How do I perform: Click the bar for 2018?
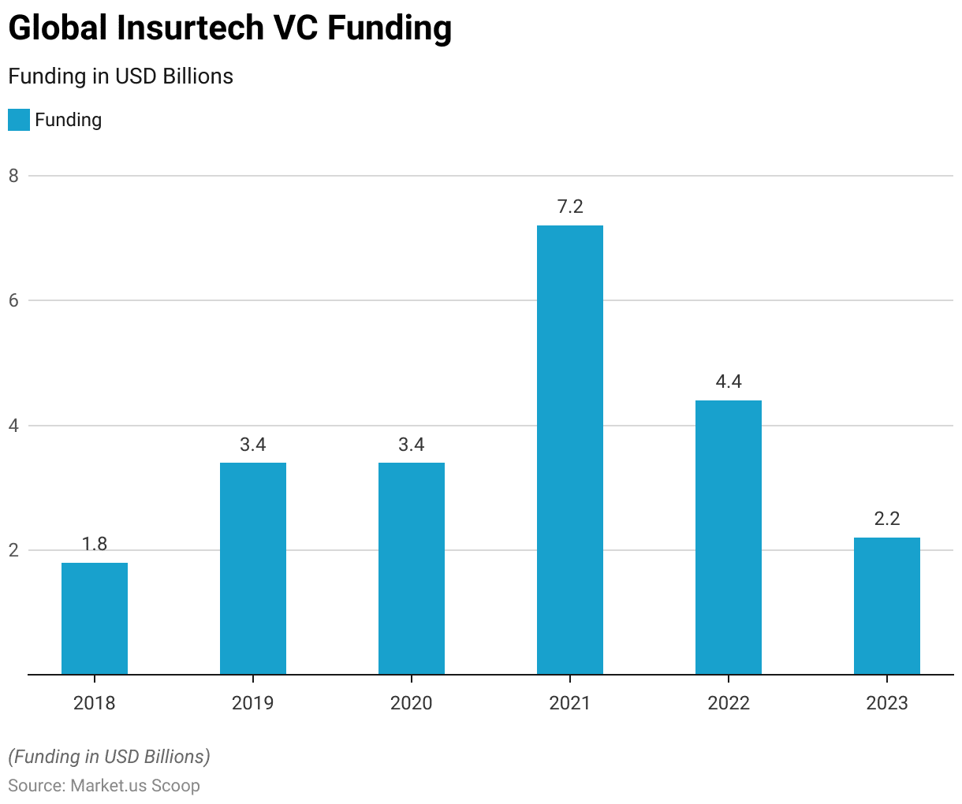point(95,619)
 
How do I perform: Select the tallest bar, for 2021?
point(570,449)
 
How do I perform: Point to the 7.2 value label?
point(570,207)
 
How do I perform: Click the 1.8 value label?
point(95,544)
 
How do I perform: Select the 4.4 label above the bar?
point(729,382)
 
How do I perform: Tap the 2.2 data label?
point(887,519)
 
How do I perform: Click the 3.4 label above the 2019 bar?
point(253,445)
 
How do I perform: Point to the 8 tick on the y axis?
point(13,176)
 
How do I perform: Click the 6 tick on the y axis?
point(13,300)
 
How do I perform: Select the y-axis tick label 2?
point(13,550)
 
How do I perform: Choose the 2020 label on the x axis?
point(412,703)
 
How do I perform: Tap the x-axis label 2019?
point(253,703)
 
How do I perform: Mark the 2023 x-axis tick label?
point(887,703)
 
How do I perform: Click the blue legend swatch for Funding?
point(19,120)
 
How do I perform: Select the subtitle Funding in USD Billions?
point(121,76)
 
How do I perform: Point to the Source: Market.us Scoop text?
point(104,786)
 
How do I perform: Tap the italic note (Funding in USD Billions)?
point(109,757)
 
